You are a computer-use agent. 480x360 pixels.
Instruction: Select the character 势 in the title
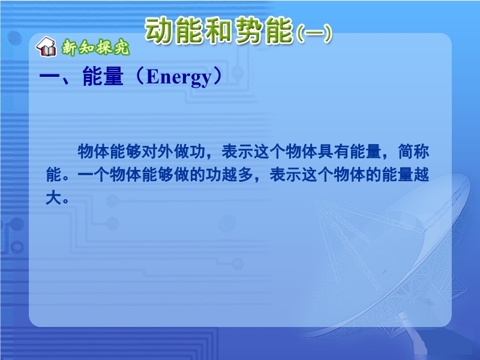(248, 31)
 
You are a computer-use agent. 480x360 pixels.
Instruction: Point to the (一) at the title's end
(314, 33)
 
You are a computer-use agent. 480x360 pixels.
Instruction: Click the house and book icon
(46, 47)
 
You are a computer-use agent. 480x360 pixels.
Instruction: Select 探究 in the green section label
(112, 47)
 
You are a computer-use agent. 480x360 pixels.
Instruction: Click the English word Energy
(179, 77)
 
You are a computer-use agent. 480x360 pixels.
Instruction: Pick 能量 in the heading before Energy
(103, 76)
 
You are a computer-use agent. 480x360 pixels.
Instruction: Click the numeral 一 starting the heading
(49, 77)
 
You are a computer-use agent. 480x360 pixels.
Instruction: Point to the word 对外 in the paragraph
(158, 151)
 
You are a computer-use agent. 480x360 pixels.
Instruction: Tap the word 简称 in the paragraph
(413, 151)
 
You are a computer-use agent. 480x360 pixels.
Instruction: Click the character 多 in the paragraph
(245, 175)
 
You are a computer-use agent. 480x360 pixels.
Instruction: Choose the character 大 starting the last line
(53, 198)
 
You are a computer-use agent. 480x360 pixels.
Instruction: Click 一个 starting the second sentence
(94, 175)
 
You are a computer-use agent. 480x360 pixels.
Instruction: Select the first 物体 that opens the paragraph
(94, 151)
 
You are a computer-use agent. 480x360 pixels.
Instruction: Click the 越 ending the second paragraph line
(421, 175)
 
